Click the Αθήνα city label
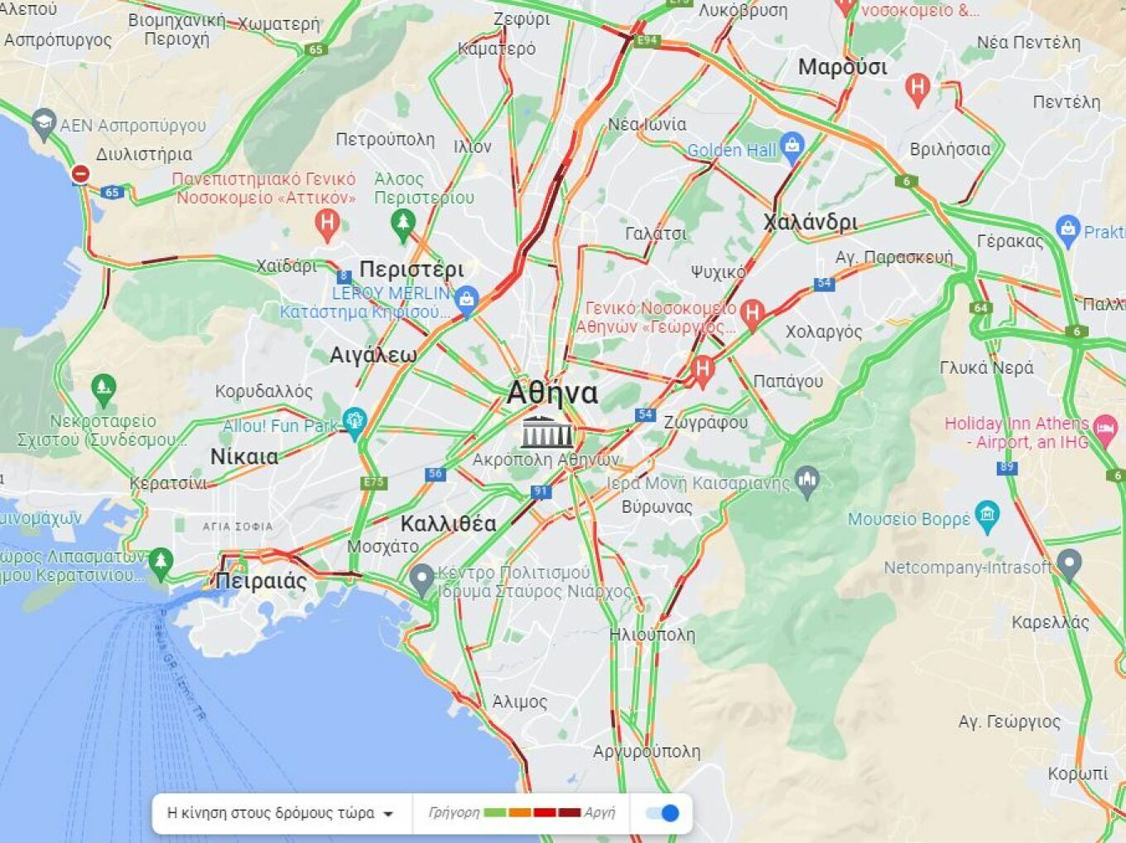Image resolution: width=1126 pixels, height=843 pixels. coord(552,392)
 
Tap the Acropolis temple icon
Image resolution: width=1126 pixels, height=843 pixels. coord(546,432)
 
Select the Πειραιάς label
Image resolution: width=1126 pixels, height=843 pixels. coord(261,581)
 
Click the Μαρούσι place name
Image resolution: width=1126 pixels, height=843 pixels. coord(842,67)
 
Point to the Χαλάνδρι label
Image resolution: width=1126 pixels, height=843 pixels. coord(811,222)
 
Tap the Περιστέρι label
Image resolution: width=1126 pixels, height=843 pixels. coord(411,269)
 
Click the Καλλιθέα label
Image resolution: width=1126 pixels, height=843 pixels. coord(448,524)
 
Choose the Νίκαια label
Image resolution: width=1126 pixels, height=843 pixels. coord(244,457)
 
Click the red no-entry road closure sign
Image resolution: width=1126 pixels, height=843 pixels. coord(80,174)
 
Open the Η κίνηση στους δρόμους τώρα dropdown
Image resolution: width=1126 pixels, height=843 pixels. coord(280,813)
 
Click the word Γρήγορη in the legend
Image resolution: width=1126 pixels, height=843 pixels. coord(454,812)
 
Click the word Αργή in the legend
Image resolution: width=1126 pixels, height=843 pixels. coord(599,812)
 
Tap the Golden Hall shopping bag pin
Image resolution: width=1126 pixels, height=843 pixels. coord(792,146)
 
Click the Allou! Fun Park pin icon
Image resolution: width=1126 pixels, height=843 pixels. coord(354,421)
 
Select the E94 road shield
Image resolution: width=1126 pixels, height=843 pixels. coord(647,40)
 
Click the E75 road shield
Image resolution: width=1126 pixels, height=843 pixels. coord(373,482)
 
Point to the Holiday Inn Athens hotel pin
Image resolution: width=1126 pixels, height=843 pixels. coord(1105,429)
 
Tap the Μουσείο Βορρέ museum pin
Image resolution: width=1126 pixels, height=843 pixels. coord(987,515)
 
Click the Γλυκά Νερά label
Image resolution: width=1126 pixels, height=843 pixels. coord(986,367)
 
